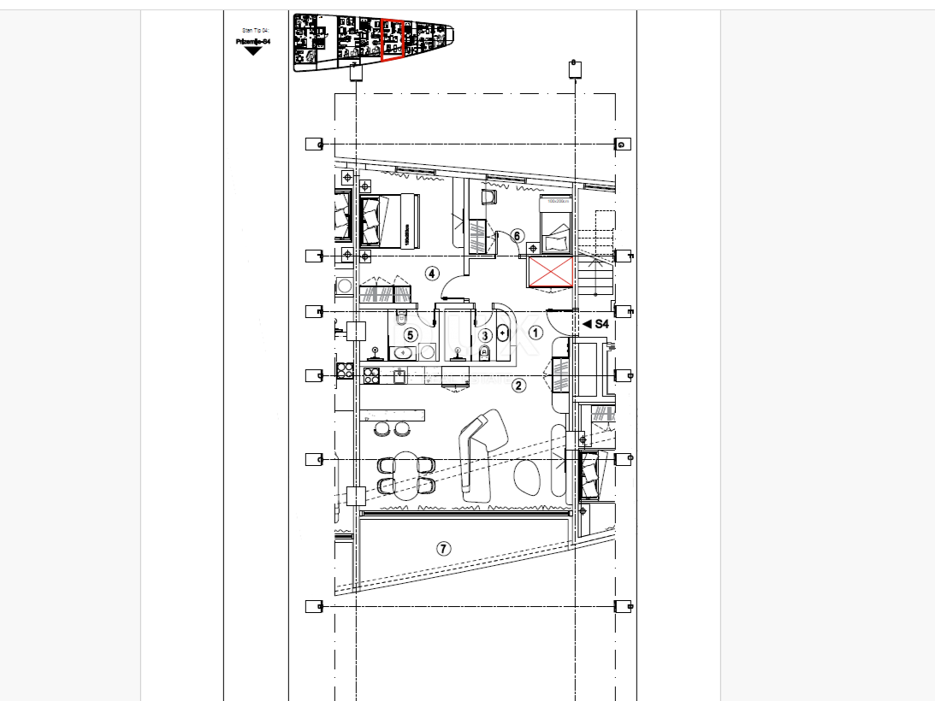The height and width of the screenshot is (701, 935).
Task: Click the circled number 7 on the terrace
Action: [443, 549]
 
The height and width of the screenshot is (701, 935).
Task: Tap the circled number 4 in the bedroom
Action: [432, 274]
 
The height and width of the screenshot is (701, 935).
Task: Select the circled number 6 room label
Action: [517, 235]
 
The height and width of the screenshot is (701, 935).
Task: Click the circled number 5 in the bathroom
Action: [411, 335]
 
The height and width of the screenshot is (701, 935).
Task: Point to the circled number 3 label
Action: [485, 336]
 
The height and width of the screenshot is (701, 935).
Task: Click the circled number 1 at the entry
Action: [536, 333]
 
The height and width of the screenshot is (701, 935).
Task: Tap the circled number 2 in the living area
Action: [518, 386]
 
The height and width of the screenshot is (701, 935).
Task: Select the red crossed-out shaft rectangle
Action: [550, 273]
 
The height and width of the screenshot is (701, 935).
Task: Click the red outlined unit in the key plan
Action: [392, 40]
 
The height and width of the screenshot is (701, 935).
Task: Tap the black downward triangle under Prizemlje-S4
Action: [252, 51]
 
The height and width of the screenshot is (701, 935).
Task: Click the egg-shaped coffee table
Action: [526, 476]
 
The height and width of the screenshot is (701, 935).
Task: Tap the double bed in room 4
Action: [389, 221]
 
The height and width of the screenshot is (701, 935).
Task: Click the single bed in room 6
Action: [555, 224]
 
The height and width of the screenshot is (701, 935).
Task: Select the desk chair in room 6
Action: [489, 197]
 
